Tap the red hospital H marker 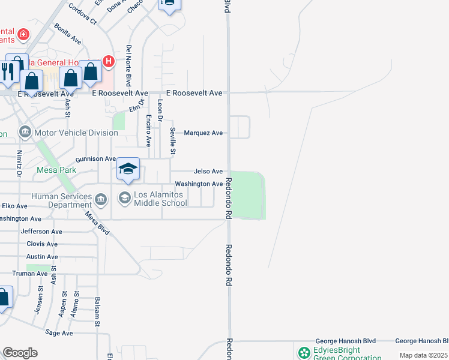109,61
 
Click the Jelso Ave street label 208,172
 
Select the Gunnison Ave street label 95,159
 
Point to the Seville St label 172,142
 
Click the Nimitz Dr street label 19,164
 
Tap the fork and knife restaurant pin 7,72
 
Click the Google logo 20,353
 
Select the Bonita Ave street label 67,34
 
